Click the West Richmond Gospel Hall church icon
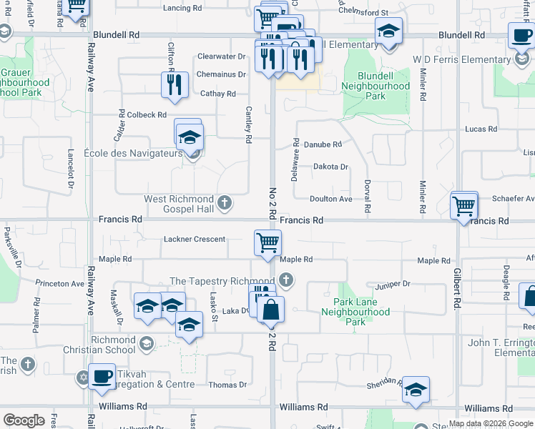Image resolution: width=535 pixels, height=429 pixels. tap(225, 203)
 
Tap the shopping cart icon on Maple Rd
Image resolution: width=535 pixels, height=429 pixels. tap(267, 242)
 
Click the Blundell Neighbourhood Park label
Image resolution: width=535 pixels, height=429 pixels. tap(376, 91)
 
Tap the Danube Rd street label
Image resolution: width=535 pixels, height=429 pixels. tap(323, 144)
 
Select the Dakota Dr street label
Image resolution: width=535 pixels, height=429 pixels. tap(330, 167)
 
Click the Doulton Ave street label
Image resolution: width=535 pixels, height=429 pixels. tap(331, 199)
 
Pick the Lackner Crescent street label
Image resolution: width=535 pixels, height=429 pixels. tap(195, 240)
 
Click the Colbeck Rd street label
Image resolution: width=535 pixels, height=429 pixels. tap(146, 114)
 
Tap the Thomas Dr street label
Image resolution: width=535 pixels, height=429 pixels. tap(227, 385)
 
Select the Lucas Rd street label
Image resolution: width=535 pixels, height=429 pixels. tap(481, 129)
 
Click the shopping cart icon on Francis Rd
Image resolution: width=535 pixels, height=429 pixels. tap(464, 206)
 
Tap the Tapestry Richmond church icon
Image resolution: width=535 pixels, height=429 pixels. tap(286, 280)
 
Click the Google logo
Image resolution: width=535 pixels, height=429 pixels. tap(24, 420)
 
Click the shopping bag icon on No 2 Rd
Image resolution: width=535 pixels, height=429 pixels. tap(271, 310)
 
